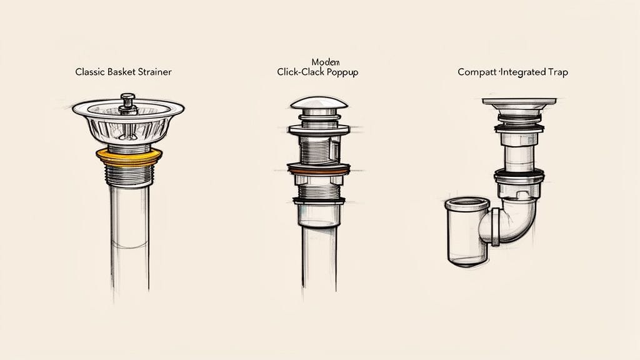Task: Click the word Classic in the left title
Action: pos(89,72)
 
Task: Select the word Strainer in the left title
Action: pos(154,72)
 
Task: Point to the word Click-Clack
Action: pos(299,72)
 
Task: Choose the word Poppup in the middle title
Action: pos(342,72)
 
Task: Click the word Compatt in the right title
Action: pos(476,72)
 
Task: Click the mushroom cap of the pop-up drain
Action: pos(319,103)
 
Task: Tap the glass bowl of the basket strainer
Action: pos(129,128)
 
